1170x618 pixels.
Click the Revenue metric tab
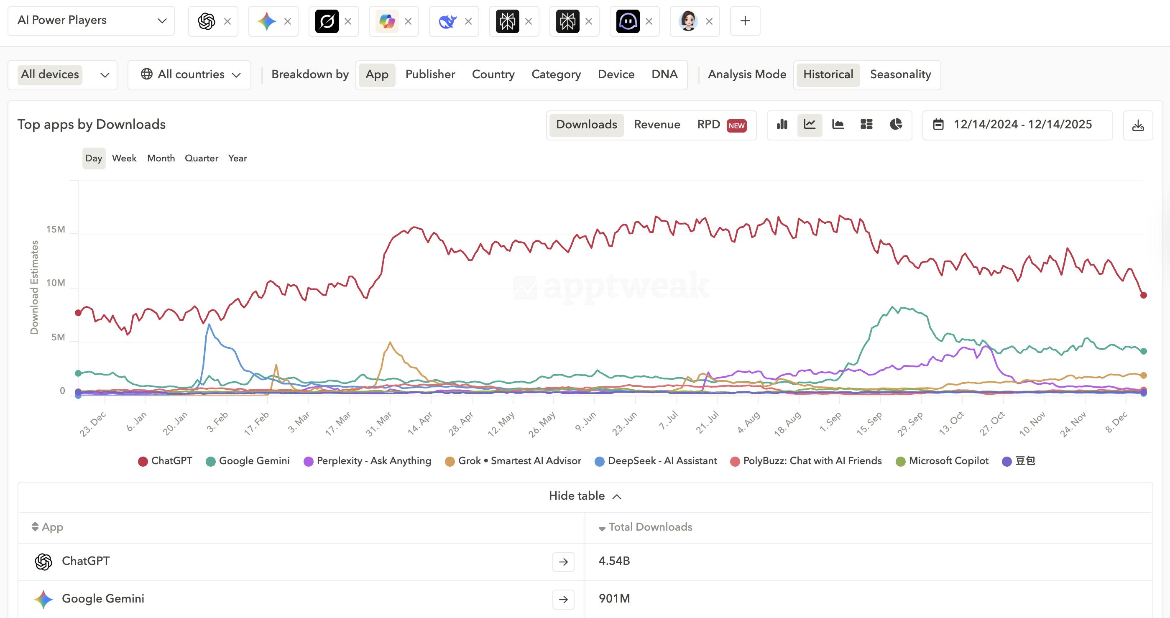657,125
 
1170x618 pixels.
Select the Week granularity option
124,158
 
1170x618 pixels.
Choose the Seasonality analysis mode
900,74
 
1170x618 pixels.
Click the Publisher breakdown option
430,74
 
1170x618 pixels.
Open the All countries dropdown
189,75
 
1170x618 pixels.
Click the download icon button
1138,125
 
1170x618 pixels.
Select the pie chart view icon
896,125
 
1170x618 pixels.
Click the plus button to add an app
745,21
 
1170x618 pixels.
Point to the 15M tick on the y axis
56,229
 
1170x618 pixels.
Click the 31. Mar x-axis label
379,424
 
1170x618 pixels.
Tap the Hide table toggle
585,496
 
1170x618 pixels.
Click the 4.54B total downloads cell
614,561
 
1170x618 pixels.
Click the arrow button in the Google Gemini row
563,599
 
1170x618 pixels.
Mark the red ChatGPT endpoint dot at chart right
1144,295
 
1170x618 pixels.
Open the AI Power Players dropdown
91,21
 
